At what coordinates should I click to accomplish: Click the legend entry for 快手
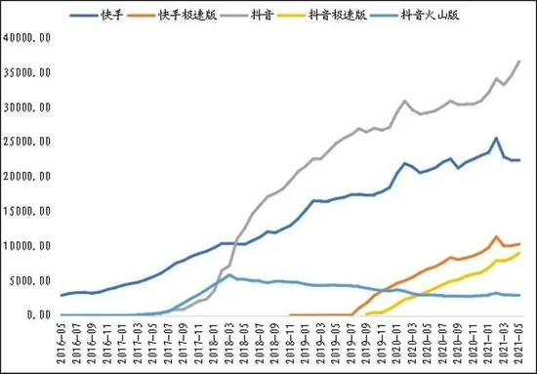(x=110, y=16)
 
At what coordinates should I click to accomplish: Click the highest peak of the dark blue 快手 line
(x=496, y=138)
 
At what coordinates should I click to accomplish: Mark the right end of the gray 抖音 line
(x=519, y=61)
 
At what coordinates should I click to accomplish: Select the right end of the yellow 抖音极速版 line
(x=519, y=253)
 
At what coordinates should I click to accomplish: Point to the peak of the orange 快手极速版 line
(x=497, y=236)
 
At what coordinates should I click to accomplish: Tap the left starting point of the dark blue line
(x=62, y=295)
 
